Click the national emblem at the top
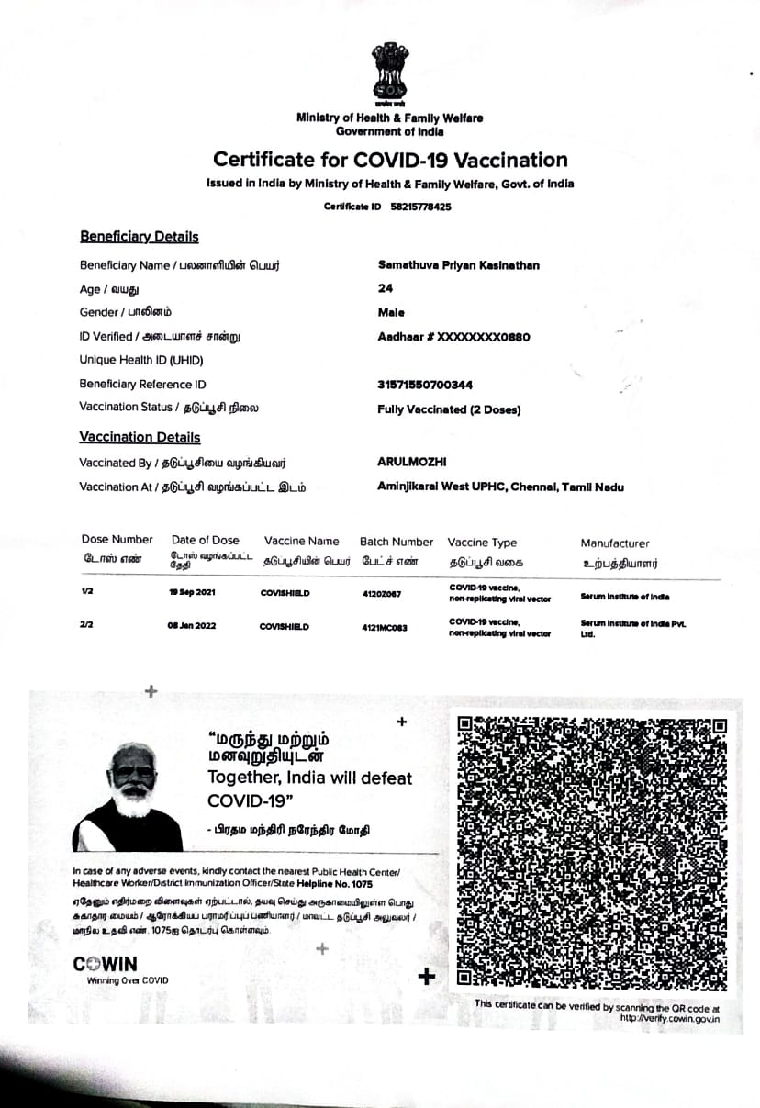point(389,72)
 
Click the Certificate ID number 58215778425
point(419,207)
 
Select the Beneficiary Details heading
point(139,237)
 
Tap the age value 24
point(385,288)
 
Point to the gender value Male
point(391,312)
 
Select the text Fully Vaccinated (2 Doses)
point(449,409)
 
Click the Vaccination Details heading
point(140,438)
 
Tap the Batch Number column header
point(396,543)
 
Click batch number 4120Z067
point(382,594)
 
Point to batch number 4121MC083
point(385,627)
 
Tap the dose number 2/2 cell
point(87,626)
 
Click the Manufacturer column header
point(614,543)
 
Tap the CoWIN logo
point(106,964)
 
